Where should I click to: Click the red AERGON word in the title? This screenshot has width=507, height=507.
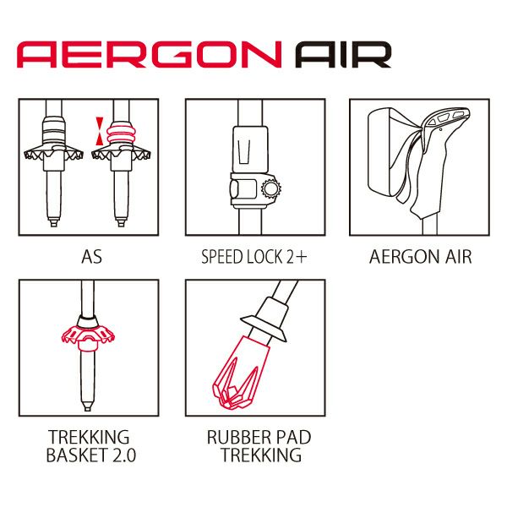[x=149, y=54]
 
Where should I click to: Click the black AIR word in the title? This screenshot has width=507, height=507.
[x=343, y=54]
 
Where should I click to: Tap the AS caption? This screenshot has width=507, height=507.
[x=91, y=257]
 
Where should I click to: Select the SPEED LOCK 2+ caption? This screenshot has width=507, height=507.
[x=253, y=257]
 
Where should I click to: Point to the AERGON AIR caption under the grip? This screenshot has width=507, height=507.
[x=420, y=257]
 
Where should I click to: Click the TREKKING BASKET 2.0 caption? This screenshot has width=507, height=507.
[x=91, y=446]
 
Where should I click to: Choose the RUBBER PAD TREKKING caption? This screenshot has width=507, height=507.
[x=259, y=446]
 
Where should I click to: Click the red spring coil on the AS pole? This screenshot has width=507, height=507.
[x=121, y=134]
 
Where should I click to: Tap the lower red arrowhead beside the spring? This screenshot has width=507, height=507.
[x=100, y=139]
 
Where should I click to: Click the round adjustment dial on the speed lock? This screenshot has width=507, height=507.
[x=271, y=188]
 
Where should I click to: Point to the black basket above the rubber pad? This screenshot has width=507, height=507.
[x=264, y=328]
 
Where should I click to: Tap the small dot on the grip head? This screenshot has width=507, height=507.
[x=441, y=129]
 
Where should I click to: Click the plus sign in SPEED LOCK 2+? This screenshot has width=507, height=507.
[x=301, y=258]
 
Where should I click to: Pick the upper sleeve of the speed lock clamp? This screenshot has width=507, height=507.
[x=251, y=150]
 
